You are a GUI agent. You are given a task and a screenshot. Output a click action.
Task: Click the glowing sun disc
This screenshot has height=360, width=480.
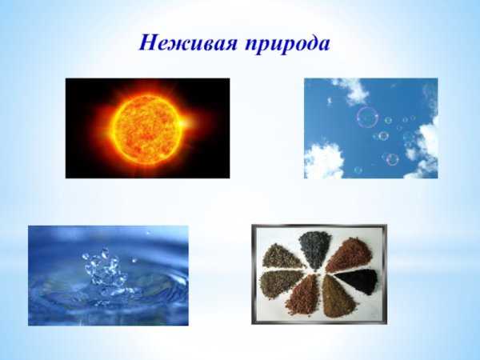146,126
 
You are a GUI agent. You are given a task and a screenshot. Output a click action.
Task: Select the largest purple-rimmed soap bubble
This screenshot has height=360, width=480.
367,118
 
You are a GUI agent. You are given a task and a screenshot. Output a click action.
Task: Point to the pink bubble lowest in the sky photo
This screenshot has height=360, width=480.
392,159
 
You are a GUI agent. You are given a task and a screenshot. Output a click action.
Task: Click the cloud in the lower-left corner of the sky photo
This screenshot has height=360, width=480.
322,162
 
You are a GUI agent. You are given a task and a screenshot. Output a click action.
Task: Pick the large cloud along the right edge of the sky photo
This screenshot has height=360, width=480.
424,144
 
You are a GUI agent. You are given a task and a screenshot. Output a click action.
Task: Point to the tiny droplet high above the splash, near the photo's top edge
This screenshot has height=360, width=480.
146,233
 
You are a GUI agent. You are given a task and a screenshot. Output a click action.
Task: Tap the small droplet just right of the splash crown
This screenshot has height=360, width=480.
133,261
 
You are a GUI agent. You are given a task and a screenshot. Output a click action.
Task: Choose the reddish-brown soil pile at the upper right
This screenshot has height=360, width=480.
349,255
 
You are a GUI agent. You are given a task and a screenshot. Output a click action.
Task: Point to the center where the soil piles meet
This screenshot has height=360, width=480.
320,272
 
